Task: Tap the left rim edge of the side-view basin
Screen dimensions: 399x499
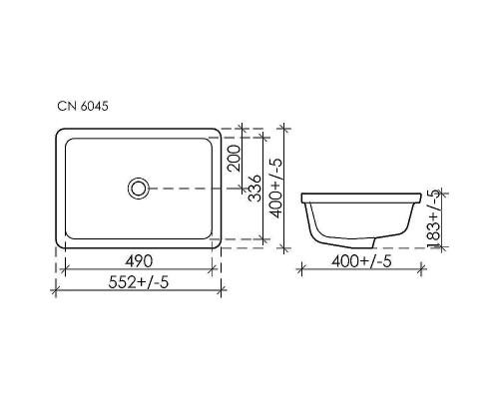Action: point(305,194)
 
